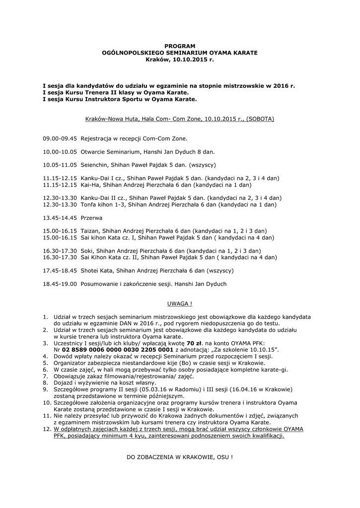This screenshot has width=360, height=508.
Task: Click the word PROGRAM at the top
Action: pyautogui.click(x=180, y=46)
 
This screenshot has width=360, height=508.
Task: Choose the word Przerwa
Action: pyautogui.click(x=92, y=217)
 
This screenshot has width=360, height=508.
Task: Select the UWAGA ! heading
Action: pyautogui.click(x=179, y=303)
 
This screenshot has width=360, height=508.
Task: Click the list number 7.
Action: pyautogui.click(x=45, y=376)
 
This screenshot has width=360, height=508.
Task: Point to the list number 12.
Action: pyautogui.click(x=46, y=429)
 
